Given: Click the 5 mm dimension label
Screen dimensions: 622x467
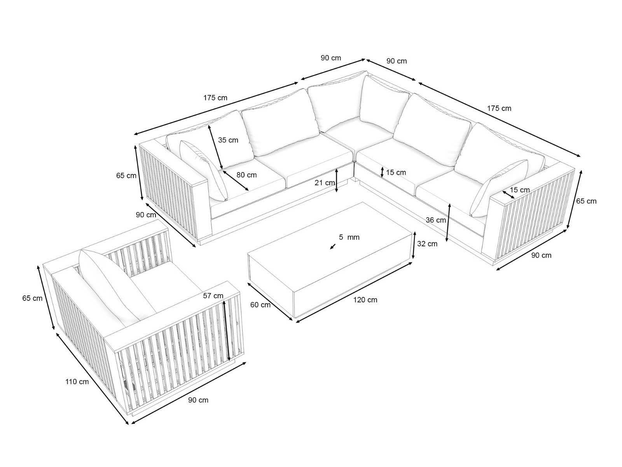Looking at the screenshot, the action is [349, 237].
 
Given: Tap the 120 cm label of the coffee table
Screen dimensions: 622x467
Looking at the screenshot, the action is [365, 300].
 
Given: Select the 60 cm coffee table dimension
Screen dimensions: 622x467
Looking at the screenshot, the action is [260, 305].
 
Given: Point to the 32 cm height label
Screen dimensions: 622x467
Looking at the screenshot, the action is [427, 244].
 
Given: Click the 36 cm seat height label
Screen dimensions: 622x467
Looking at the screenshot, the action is [435, 220].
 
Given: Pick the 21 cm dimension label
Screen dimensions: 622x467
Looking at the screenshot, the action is [325, 183].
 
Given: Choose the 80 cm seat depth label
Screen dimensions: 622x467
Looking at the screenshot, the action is [246, 175].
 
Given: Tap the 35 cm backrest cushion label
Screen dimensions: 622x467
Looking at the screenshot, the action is [228, 140].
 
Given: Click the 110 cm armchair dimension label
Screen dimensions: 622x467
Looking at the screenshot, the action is [77, 382].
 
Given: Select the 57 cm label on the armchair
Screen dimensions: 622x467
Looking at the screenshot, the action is [213, 296].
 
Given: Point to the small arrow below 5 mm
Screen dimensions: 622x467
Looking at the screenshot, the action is [333, 246].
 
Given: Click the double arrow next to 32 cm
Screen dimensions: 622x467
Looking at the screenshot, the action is [414, 245].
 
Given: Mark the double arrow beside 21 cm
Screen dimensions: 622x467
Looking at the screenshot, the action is [336, 180].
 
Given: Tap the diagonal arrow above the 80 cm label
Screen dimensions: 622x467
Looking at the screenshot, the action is [215, 147].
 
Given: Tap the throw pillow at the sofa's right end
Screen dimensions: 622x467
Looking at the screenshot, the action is [499, 188].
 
